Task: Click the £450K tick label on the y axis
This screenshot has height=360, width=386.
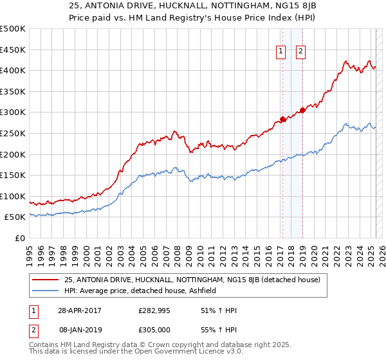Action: coord(13,50)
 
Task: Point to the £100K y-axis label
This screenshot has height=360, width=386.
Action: coord(13,196)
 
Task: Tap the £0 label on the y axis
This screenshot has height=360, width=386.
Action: coord(19,239)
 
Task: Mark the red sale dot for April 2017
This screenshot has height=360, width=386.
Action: coord(282,119)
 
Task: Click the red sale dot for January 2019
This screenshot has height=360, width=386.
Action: coord(302,110)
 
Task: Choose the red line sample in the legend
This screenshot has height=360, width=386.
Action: coord(45,280)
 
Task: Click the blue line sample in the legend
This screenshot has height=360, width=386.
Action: coord(45,291)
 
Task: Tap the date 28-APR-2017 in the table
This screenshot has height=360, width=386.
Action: coord(79,310)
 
